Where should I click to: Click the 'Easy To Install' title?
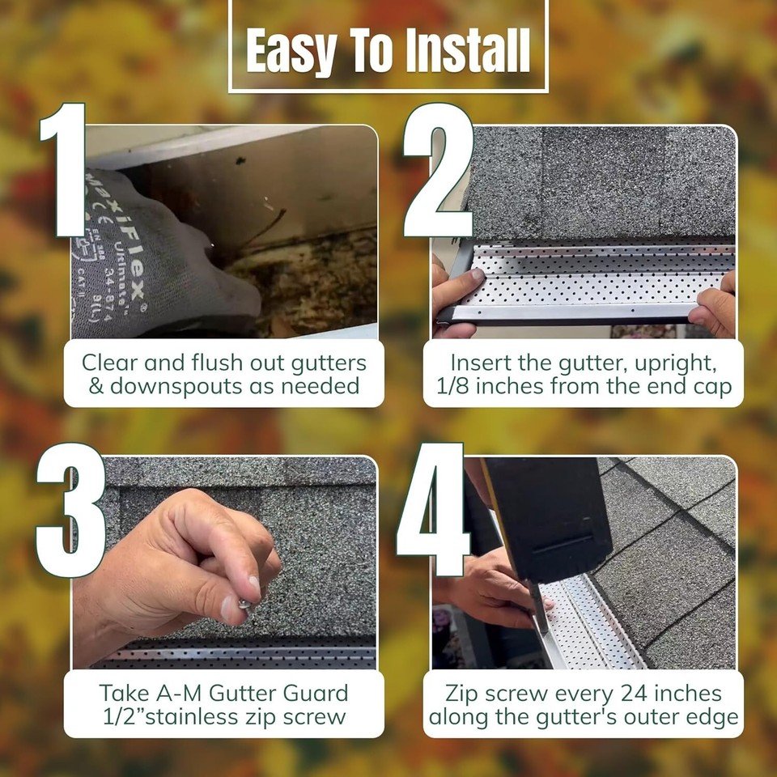388,50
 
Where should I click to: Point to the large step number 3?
70,510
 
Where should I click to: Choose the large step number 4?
432,510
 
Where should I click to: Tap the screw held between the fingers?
244,603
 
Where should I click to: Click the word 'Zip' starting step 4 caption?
464,694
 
